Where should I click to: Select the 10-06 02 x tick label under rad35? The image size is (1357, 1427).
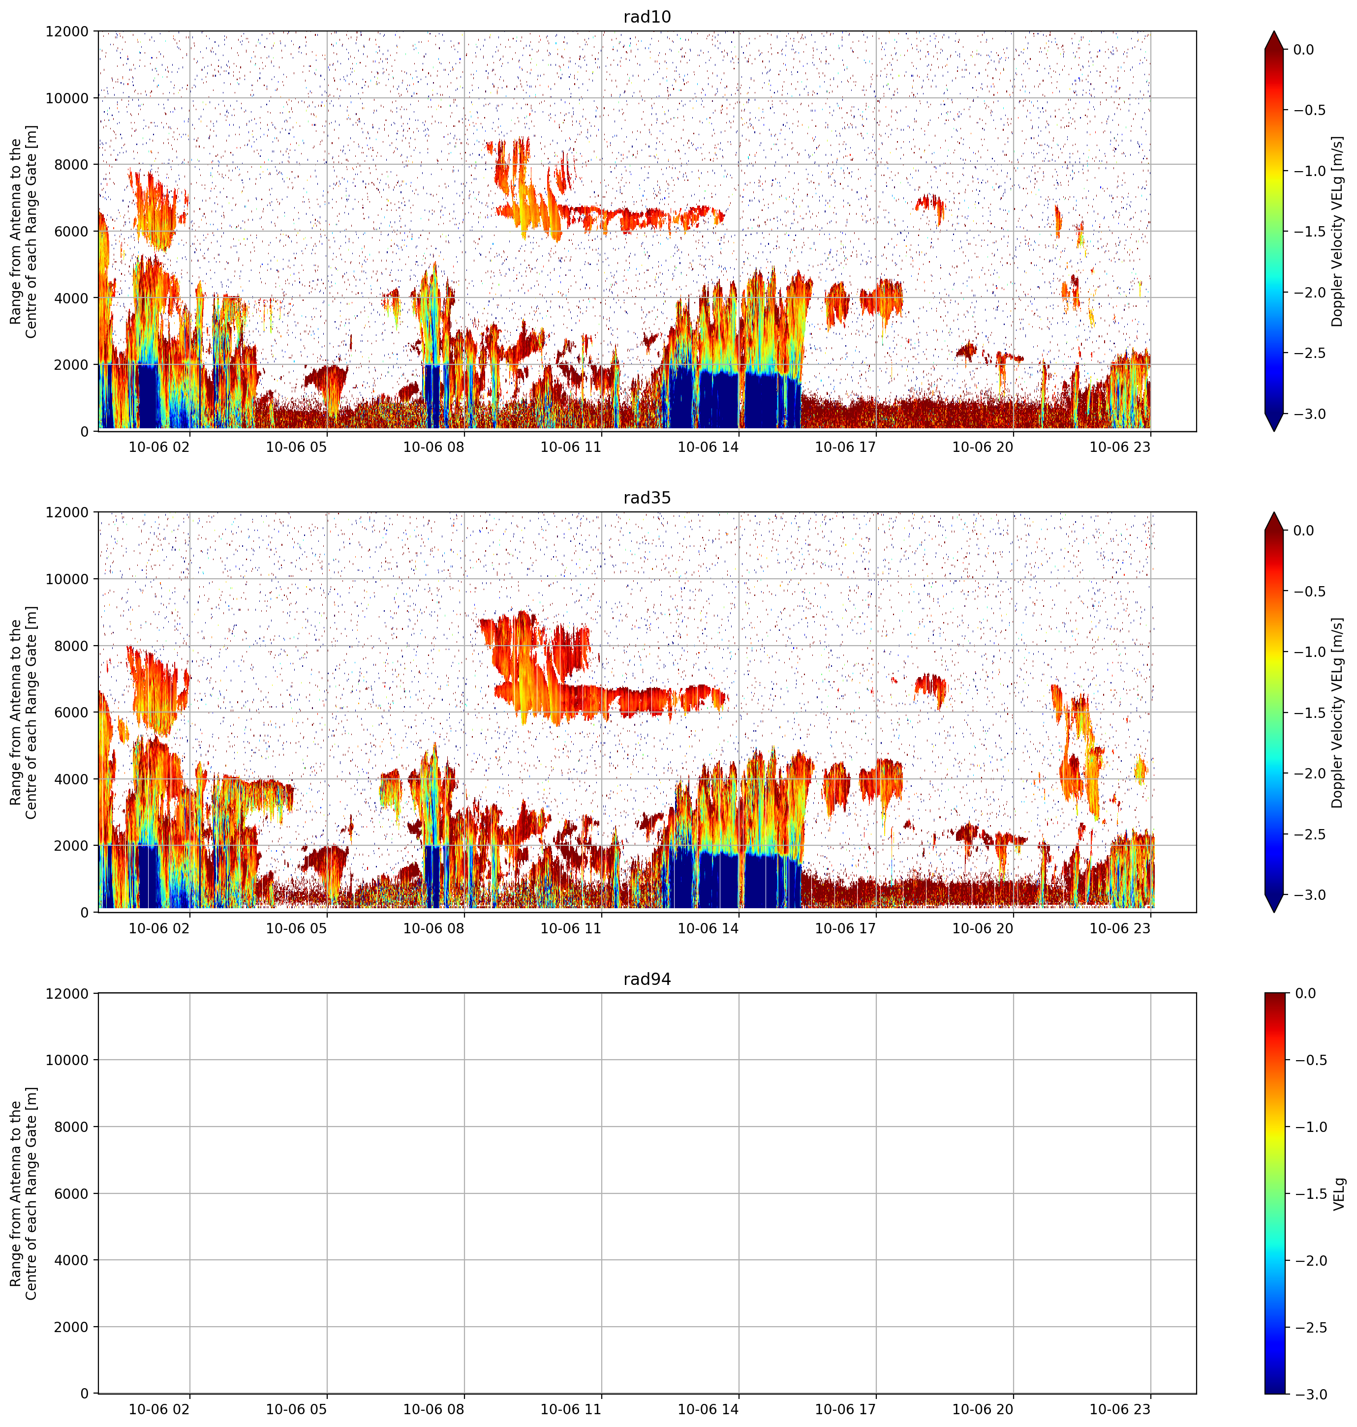(x=159, y=927)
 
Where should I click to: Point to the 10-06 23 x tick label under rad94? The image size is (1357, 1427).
(x=1120, y=1409)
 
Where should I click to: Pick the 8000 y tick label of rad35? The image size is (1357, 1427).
(x=72, y=646)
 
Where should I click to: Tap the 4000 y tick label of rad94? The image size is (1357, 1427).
(x=72, y=1260)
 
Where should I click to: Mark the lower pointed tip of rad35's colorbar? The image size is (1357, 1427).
(x=1274, y=912)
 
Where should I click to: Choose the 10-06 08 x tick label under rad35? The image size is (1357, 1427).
(x=433, y=927)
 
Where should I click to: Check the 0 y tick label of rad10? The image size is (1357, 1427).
(x=85, y=432)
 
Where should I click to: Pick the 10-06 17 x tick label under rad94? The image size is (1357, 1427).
(x=846, y=1409)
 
